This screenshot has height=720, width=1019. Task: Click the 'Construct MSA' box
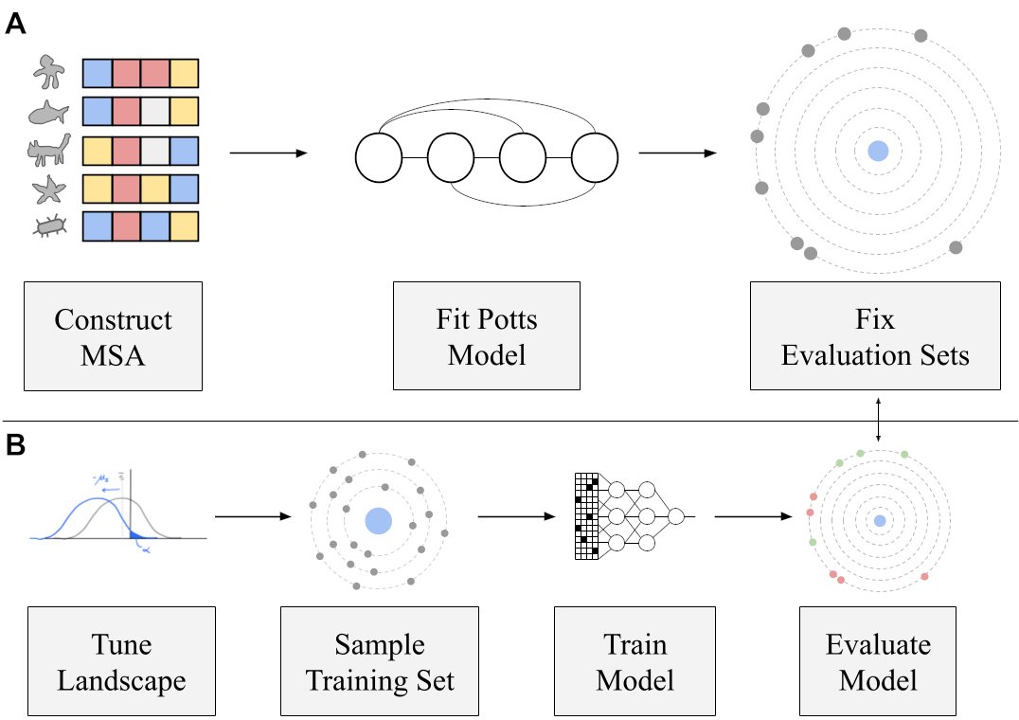point(113,336)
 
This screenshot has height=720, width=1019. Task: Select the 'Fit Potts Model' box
point(487,336)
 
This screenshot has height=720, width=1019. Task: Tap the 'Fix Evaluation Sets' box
point(875,336)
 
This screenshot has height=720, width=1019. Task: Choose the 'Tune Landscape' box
point(121,661)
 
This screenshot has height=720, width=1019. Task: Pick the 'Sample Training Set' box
point(380,661)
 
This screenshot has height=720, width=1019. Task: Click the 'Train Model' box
point(635,661)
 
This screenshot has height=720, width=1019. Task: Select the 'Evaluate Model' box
point(878,661)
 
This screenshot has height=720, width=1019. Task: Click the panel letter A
point(15,24)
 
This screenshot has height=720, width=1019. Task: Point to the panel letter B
point(15,445)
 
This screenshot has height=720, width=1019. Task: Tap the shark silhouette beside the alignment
point(48,113)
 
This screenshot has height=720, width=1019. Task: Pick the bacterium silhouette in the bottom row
point(50,226)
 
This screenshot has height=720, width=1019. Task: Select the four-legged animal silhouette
point(48,150)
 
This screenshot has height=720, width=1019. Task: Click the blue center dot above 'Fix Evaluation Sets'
point(878,151)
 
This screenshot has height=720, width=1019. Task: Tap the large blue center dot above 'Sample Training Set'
point(379,521)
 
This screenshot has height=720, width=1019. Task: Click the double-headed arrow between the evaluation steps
point(879,420)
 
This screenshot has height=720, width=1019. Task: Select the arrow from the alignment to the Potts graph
point(268,153)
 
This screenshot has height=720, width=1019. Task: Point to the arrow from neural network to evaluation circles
point(753,516)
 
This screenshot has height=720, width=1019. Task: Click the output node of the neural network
point(676,516)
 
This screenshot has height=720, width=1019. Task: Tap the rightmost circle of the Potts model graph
point(595,158)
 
